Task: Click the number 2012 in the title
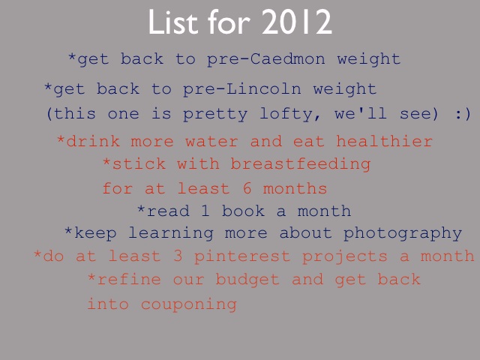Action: click(297, 22)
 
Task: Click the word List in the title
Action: click(173, 22)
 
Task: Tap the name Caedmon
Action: click(287, 58)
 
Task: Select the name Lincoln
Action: click(263, 88)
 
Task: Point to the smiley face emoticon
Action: click(463, 114)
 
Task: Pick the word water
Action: click(211, 142)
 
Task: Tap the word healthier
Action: click(385, 141)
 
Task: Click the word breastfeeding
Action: click(301, 164)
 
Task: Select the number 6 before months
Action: click(247, 187)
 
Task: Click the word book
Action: click(243, 211)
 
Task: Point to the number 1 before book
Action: click(205, 211)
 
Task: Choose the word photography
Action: click(403, 234)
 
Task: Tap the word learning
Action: click(171, 233)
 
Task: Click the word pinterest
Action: click(242, 256)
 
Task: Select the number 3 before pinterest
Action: click(178, 256)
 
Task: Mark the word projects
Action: click(345, 256)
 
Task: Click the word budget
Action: click(247, 279)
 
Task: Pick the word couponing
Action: click(189, 304)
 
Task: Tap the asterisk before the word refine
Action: click(91, 277)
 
